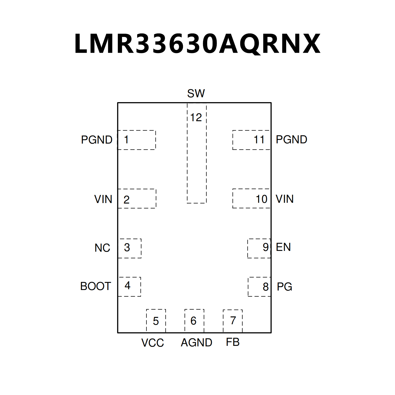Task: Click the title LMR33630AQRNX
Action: coord(197,43)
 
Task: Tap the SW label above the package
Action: coord(196,93)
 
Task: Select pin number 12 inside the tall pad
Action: coord(196,118)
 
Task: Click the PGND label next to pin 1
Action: coord(97,140)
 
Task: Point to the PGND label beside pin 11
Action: coord(292,139)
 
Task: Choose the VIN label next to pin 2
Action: coord(103,199)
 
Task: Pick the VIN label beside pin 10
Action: coord(285,199)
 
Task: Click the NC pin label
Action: coord(102,248)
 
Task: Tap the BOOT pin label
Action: coord(96,286)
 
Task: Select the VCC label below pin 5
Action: coord(153,343)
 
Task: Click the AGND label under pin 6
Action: coord(197,343)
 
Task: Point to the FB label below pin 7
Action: coord(233,342)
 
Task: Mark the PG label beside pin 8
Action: coord(285,287)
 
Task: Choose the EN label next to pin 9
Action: coord(283,247)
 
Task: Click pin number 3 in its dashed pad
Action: coord(127,247)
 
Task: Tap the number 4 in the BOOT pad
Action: coord(127,285)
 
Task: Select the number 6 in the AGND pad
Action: coord(194,321)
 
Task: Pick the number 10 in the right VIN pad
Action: coord(261,199)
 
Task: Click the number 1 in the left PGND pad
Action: coord(126,139)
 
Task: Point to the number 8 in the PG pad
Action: coord(266,287)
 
